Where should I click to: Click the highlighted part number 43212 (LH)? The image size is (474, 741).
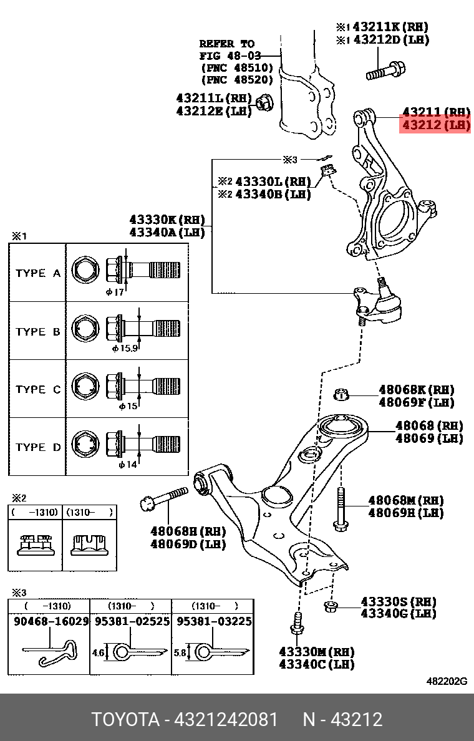pos(435,125)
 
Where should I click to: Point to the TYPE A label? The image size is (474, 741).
pos(38,273)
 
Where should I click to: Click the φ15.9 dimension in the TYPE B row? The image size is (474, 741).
pos(125,349)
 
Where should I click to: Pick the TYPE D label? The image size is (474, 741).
pos(38,447)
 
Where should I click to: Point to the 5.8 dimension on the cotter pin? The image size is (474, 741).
pos(180,652)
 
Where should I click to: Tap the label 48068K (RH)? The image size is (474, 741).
pos(417,390)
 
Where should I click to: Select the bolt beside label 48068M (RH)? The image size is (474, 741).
pos(340,508)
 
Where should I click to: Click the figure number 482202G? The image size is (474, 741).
pos(446,681)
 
